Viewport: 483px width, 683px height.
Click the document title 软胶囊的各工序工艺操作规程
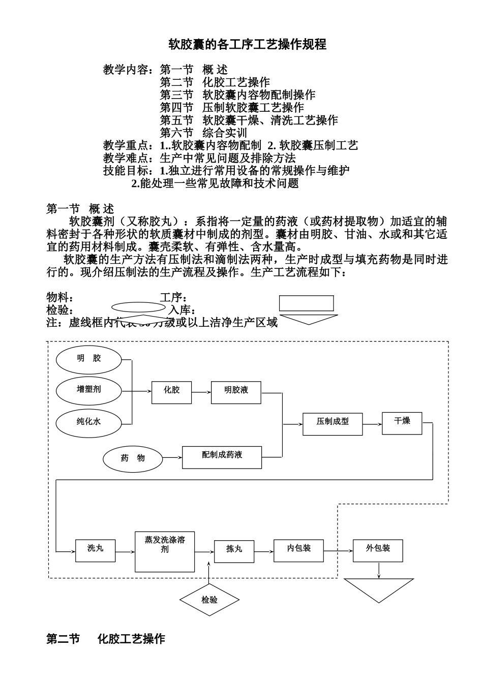[247, 45]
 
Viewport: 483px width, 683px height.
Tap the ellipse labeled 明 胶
[89, 359]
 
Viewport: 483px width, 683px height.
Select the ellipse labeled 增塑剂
[89, 390]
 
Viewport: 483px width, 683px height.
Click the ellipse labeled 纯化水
[89, 422]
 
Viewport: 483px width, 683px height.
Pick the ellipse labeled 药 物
[133, 458]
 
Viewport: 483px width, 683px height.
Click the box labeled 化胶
[172, 392]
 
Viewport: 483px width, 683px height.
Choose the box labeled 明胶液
[236, 392]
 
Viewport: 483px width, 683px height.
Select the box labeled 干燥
[402, 423]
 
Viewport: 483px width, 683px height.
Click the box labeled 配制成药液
[222, 457]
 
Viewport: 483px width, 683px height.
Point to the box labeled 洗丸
[95, 550]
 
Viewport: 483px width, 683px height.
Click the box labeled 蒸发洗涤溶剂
[165, 551]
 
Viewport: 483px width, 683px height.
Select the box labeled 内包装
[298, 550]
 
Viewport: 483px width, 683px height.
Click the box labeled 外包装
[378, 550]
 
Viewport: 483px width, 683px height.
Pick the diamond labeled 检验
[209, 600]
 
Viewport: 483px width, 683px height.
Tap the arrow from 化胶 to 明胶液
[201, 392]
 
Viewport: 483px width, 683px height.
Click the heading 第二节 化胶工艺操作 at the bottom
[106, 639]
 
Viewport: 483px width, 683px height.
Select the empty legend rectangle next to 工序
[306, 303]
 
